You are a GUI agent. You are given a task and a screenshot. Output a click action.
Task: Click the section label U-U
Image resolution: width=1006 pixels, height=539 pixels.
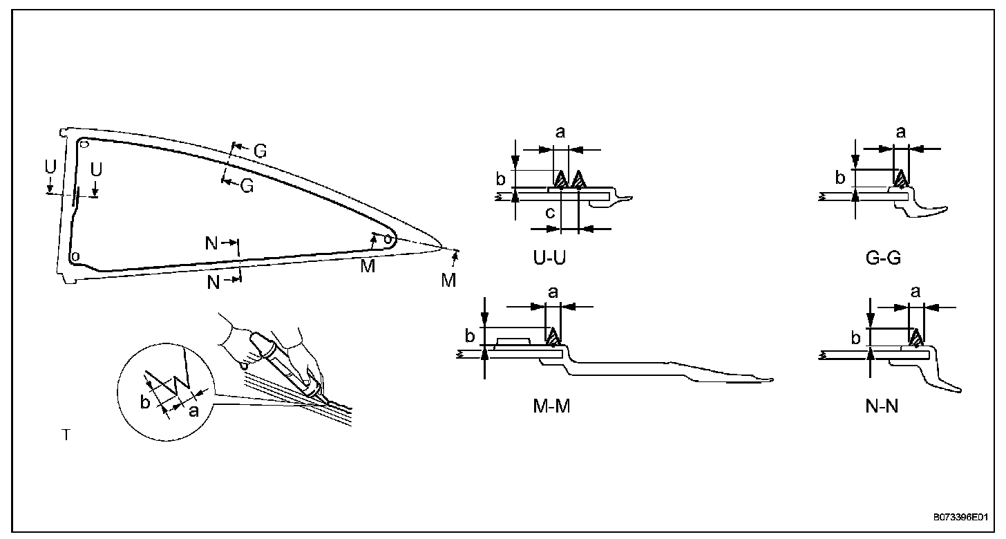click(551, 258)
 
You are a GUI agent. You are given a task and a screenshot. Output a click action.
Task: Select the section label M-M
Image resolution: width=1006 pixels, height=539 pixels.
click(551, 406)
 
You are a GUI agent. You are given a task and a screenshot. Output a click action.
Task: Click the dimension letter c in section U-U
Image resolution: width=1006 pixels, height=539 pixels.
click(550, 214)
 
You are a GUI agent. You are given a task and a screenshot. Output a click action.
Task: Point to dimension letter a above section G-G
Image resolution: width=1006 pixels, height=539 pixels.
click(900, 133)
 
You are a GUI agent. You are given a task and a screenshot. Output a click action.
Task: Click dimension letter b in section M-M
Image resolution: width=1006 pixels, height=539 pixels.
click(470, 337)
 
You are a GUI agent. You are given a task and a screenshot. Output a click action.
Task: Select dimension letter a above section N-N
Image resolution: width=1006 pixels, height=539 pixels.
click(915, 292)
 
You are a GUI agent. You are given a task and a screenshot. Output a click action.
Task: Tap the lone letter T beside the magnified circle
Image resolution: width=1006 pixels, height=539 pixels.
click(66, 435)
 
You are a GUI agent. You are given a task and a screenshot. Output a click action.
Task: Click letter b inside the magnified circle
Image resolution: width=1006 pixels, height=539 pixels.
click(144, 402)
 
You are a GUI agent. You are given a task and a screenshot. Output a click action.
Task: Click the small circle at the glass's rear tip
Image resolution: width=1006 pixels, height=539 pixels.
click(388, 240)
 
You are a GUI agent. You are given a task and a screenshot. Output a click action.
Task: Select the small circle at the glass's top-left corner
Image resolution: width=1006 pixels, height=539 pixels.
click(84, 144)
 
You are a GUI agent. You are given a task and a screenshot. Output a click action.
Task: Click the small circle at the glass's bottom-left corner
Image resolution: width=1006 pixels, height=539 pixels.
click(75, 256)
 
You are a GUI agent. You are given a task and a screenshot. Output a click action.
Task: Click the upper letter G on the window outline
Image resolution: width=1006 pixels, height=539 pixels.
click(259, 151)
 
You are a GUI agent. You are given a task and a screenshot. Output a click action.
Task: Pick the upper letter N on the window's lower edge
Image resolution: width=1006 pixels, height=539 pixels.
click(211, 243)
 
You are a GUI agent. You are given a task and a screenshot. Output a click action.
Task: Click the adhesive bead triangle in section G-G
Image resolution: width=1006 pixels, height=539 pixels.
click(900, 179)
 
